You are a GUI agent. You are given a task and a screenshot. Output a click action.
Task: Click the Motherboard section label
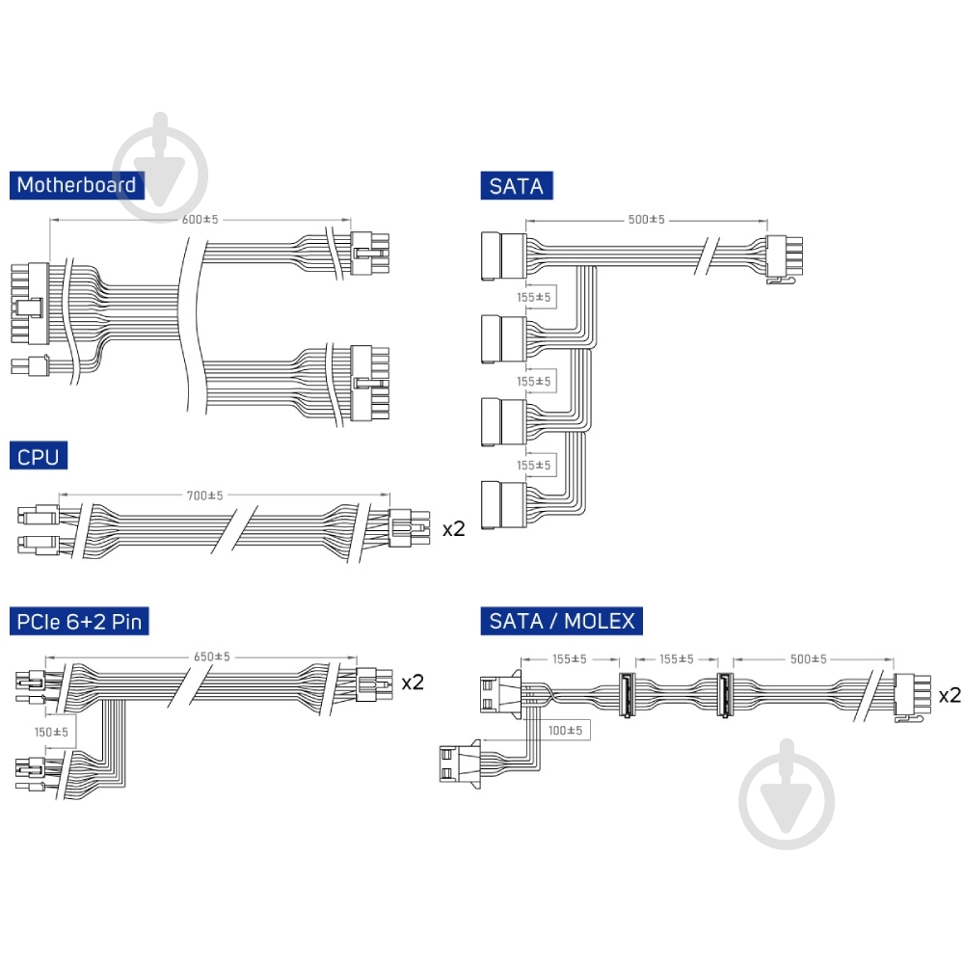coord(77,185)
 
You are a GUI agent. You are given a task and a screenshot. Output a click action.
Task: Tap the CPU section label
coord(39,456)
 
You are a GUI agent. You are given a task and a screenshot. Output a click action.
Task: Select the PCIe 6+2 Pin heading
coord(79,621)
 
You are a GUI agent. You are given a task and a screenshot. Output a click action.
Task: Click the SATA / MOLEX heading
coord(561,620)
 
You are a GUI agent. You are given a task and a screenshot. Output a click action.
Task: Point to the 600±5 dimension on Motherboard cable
coord(200,220)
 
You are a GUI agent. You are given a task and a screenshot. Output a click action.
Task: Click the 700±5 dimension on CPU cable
coord(204,495)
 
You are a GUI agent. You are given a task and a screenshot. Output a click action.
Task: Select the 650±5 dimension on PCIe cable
coord(212,657)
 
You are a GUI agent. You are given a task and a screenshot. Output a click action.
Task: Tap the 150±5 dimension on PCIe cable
coord(52,733)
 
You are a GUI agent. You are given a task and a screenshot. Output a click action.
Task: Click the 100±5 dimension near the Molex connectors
coord(566,731)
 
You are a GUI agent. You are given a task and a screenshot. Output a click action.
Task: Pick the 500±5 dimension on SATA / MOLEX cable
coord(809,659)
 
